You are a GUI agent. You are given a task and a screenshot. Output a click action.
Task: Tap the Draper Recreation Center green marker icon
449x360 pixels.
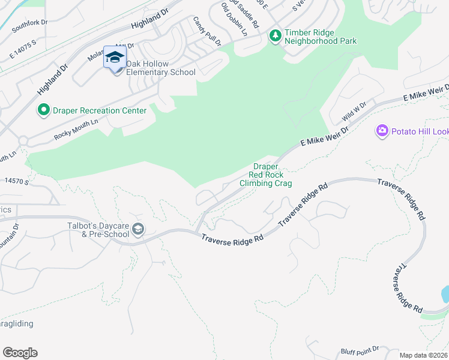coord(43,110)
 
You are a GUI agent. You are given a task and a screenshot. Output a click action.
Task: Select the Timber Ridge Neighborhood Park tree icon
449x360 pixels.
coord(276,36)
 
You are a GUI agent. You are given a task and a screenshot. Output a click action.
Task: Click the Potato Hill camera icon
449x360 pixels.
coord(382,130)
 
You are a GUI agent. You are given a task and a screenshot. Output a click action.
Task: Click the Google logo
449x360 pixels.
coord(20,353)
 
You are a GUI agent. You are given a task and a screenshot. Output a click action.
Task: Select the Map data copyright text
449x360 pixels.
coord(424,355)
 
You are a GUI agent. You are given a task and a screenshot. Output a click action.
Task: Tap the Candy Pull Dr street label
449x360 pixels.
coord(208,32)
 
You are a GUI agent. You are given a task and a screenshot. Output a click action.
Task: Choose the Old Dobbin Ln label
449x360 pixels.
coord(234,19)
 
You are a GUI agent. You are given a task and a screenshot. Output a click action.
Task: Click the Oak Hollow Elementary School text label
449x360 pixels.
coord(160,68)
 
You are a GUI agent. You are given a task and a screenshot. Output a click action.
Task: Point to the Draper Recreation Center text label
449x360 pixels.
coord(100,110)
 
